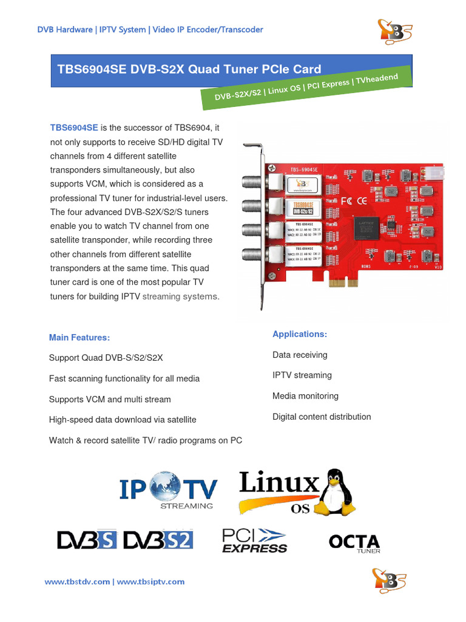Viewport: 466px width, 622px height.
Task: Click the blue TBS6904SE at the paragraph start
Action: [73, 128]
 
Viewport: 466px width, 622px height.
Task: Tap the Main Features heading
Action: [79, 337]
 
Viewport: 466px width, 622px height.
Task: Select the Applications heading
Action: [300, 334]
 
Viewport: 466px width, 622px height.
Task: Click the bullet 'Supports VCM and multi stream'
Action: [110, 399]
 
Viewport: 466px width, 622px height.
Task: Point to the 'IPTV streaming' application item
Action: [302, 375]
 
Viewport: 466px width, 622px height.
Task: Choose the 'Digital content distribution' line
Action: [322, 417]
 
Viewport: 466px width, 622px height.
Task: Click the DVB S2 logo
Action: [158, 539]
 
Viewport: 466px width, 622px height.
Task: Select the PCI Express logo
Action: [254, 540]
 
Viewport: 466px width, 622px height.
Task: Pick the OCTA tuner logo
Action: [354, 542]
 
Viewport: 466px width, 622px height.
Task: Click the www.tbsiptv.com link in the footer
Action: [150, 582]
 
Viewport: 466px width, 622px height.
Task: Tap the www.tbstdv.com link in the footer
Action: [77, 582]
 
